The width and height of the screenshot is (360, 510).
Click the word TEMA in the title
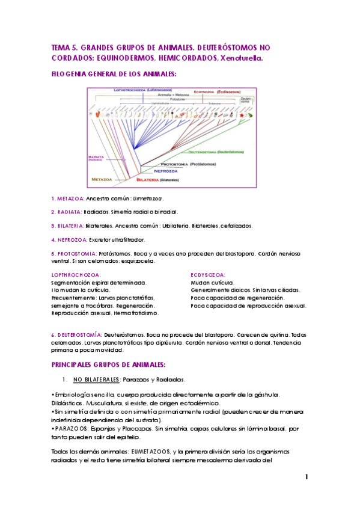(x=61, y=47)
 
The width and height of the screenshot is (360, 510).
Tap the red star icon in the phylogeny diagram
(x=242, y=114)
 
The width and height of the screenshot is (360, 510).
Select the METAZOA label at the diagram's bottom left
(x=102, y=179)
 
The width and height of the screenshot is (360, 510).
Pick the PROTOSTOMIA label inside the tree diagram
(x=175, y=164)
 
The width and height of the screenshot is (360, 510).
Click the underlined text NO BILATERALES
(x=97, y=379)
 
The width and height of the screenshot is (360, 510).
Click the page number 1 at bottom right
(x=306, y=477)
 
